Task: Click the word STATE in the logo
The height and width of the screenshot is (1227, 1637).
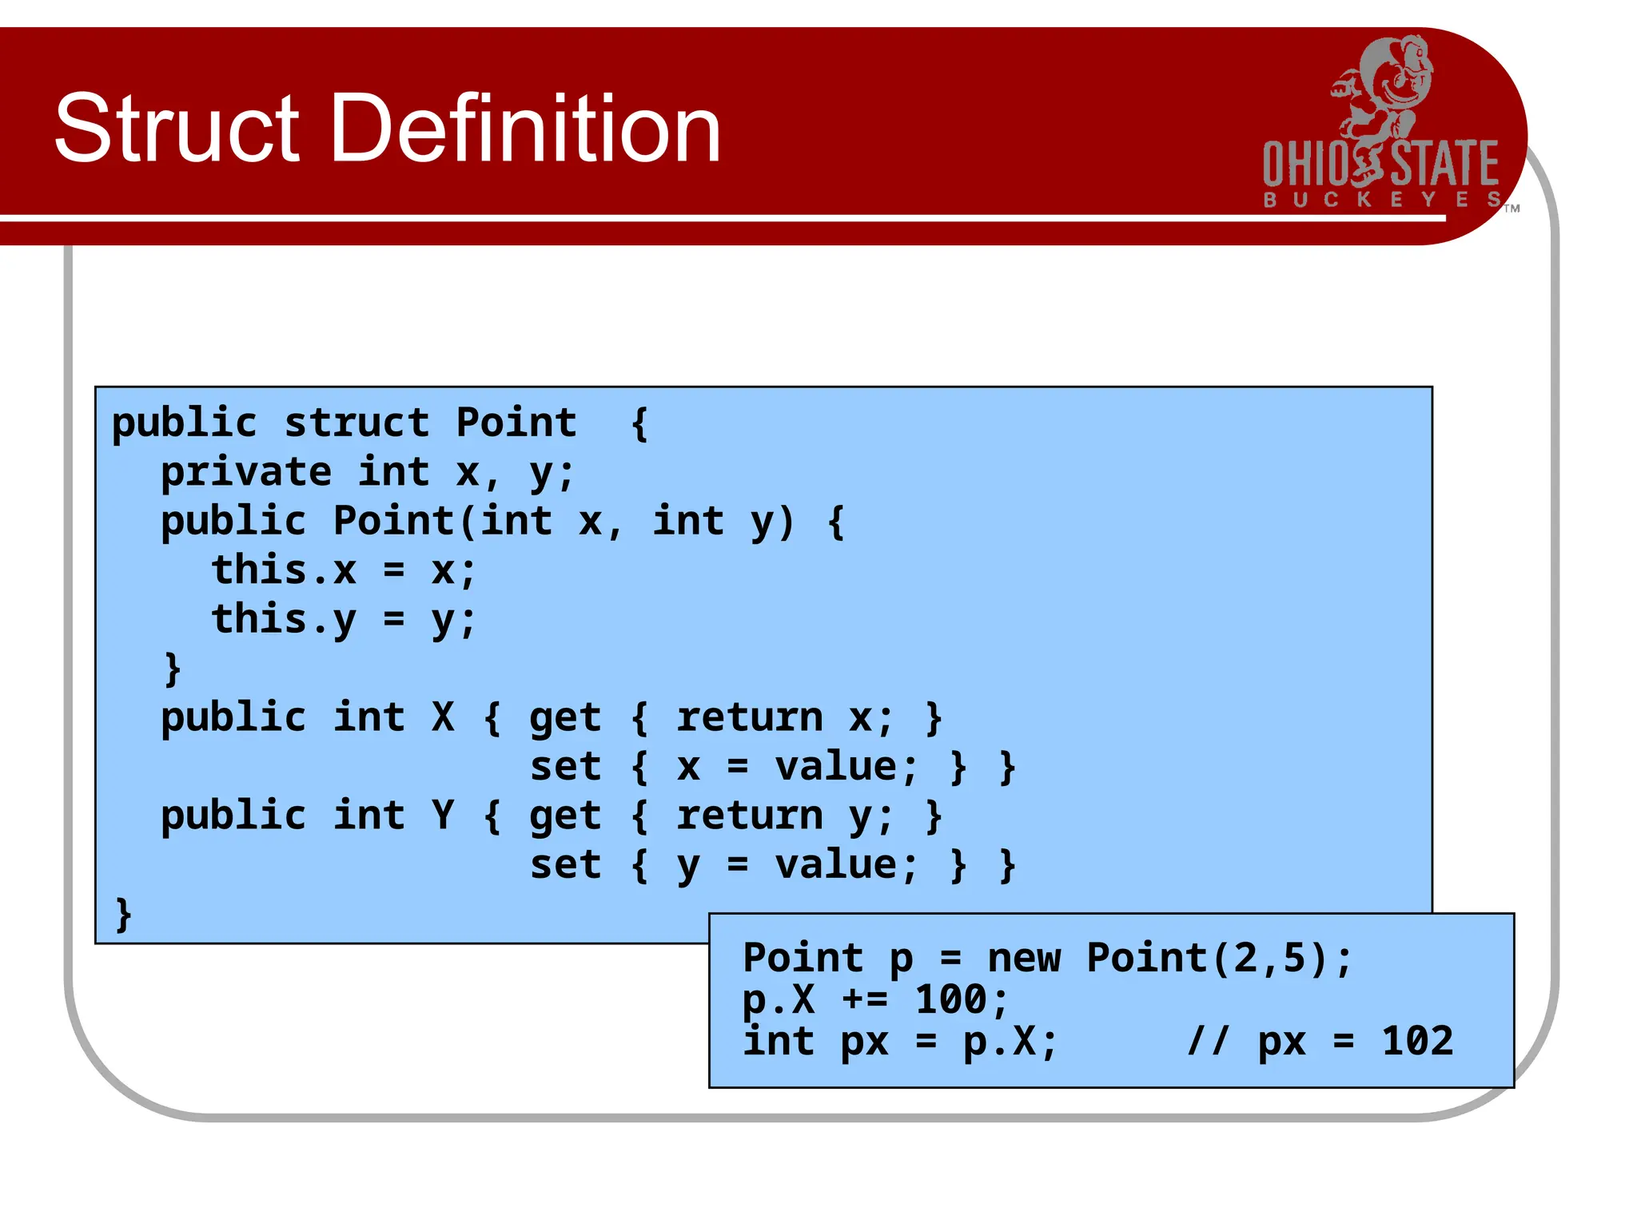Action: [1445, 164]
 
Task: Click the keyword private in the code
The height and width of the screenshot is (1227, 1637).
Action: [245, 471]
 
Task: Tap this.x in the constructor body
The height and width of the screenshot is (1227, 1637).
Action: [283, 570]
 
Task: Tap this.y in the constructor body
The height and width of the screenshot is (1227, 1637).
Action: [283, 620]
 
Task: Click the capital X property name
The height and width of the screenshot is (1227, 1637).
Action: [443, 717]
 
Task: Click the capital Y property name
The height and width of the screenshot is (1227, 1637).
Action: [443, 816]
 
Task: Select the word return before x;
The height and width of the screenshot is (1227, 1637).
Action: [749, 717]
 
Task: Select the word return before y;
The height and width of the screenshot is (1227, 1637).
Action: [749, 816]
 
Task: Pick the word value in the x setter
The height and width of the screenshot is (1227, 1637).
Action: [836, 767]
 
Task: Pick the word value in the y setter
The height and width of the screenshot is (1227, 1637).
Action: [836, 865]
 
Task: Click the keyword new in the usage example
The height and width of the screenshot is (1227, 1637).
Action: [1024, 958]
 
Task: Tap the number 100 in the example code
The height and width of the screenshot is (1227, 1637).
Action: [950, 999]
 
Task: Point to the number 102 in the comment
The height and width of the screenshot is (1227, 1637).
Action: [1417, 1041]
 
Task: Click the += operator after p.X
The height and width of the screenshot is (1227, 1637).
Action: [864, 999]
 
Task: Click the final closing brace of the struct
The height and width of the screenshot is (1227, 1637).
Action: [123, 914]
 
